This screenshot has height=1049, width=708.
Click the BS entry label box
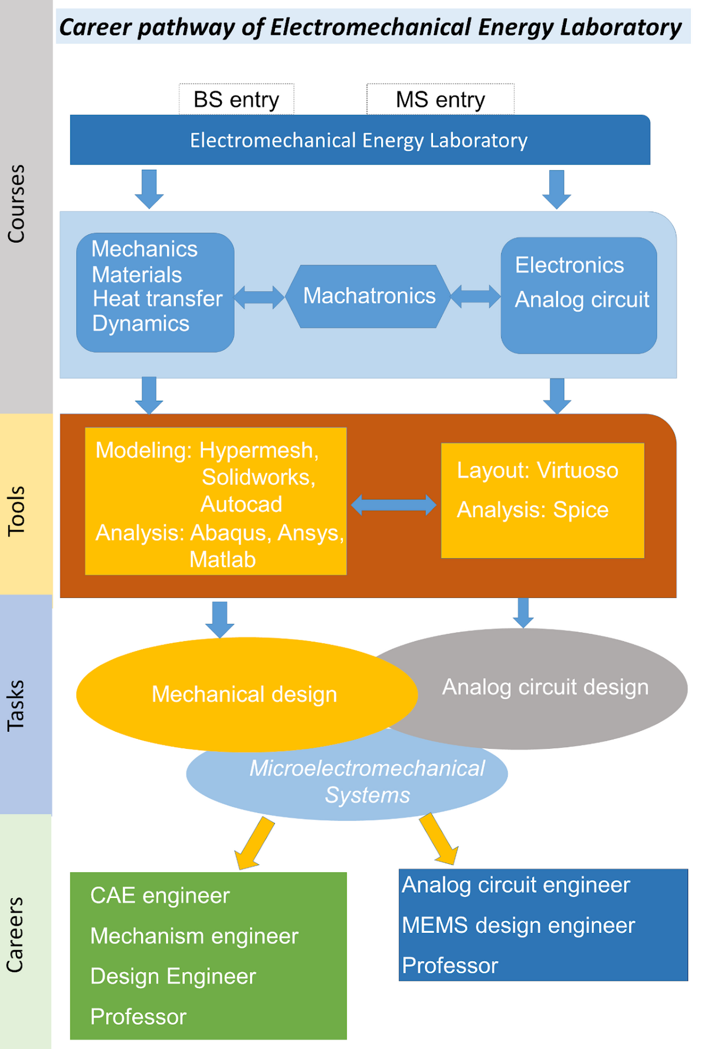tap(237, 100)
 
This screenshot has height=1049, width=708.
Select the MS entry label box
tap(440, 100)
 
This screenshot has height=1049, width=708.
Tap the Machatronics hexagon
tap(369, 296)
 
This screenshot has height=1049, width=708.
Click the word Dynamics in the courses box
tap(140, 324)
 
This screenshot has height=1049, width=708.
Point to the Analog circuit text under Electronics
tap(582, 300)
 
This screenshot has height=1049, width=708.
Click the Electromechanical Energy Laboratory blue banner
tap(359, 140)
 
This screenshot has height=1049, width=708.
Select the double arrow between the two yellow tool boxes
tap(394, 505)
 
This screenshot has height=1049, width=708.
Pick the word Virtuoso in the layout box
tap(577, 471)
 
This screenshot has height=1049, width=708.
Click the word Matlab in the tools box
tap(222, 560)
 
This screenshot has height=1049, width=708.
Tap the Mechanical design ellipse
tap(244, 695)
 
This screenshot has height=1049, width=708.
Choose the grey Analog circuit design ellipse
tap(545, 688)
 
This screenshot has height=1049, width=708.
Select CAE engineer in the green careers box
tap(160, 896)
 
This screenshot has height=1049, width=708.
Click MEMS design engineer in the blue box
tap(518, 926)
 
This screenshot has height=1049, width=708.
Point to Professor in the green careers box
tap(138, 1017)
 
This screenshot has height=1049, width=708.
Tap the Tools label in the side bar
tap(17, 511)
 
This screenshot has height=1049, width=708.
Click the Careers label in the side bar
tap(15, 934)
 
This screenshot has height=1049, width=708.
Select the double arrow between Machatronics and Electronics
tap(475, 296)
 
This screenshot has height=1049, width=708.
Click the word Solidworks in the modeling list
tap(258, 477)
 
